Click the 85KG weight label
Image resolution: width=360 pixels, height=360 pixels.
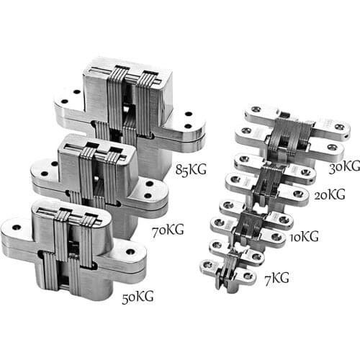(191, 171)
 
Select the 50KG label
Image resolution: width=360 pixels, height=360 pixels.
(137, 297)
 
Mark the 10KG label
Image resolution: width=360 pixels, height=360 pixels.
(305, 237)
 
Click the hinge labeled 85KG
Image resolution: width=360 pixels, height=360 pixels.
(130, 101)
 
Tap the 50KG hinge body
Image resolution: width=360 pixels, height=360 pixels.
(72, 245)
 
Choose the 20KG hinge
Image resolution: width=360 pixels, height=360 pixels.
(270, 180)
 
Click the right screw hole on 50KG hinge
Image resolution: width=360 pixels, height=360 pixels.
(130, 253)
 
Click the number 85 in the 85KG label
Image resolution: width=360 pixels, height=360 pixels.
(183, 171)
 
